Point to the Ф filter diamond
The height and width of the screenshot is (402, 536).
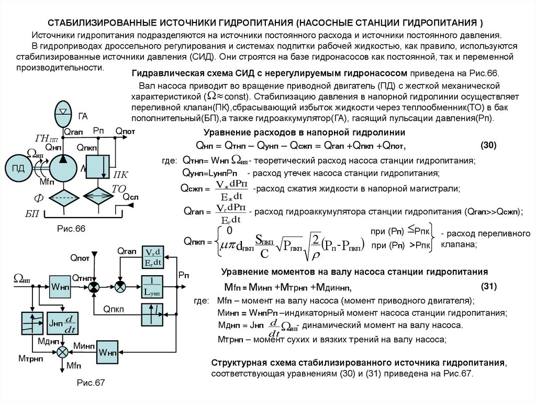64,198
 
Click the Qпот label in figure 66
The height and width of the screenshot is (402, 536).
125,131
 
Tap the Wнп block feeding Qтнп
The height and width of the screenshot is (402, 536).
60,286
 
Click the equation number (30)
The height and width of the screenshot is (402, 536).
488,145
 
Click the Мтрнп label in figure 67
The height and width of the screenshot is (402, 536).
30,357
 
